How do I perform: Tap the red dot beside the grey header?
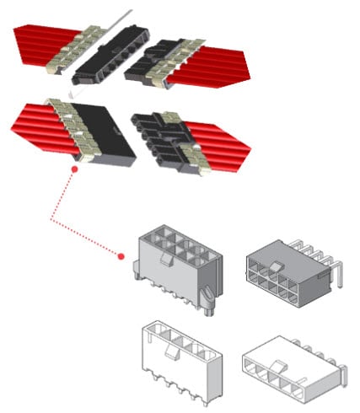coord(121,255)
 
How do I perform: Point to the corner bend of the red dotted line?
coord(51,222)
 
